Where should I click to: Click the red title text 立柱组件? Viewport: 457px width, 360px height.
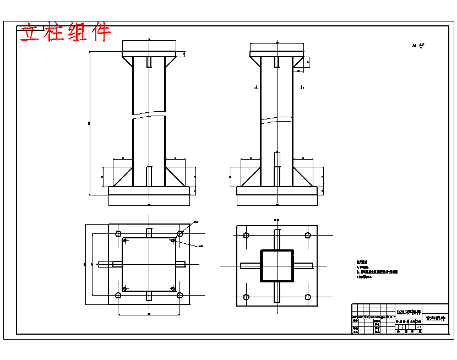(x=66, y=32)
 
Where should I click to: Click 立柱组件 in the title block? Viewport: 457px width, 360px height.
(x=436, y=319)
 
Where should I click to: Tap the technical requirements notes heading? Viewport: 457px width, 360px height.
(x=361, y=263)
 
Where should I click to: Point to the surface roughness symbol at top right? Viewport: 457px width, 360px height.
(x=418, y=46)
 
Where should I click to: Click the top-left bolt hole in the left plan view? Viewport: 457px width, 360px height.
(x=118, y=234)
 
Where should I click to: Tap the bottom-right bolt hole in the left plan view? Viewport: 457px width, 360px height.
(x=180, y=296)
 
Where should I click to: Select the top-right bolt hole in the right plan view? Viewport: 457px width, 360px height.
(x=308, y=235)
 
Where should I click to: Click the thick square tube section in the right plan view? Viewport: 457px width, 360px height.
(x=277, y=265)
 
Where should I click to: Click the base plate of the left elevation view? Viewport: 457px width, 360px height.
(x=149, y=190)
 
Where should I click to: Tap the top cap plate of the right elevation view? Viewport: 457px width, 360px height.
(x=277, y=54)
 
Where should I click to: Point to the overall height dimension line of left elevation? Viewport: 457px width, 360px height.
(x=90, y=123)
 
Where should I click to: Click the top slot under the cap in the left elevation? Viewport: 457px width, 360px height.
(x=149, y=62)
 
